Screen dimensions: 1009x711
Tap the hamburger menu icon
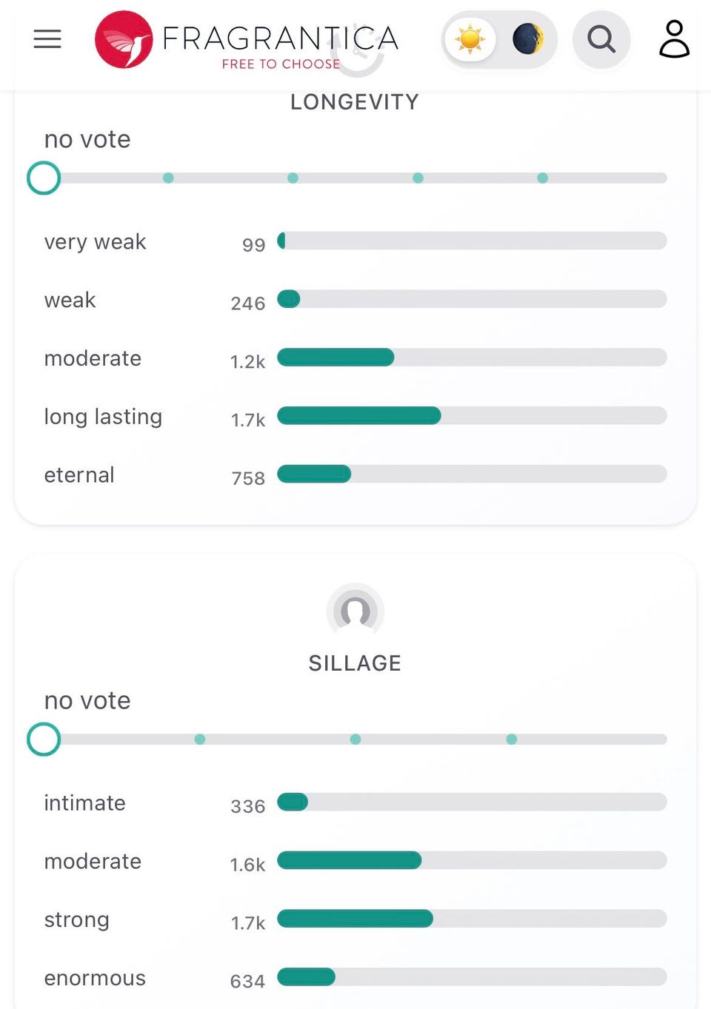point(47,39)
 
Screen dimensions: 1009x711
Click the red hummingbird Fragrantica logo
point(124,39)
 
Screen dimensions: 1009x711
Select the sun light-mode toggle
point(470,39)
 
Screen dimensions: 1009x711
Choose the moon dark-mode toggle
point(527,39)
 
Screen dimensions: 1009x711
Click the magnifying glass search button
point(601,39)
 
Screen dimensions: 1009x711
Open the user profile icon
point(674,39)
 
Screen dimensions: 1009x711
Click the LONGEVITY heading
point(355,102)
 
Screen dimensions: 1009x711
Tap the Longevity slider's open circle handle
point(44,178)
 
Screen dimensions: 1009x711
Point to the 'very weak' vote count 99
point(253,244)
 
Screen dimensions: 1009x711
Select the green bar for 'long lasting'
point(359,415)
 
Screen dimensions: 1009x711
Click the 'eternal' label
point(79,475)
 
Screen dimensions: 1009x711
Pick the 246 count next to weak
point(247,303)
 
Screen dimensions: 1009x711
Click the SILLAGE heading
point(355,663)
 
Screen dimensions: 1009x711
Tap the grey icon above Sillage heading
point(355,611)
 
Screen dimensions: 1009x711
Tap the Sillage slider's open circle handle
point(44,739)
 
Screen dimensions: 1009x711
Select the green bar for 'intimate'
point(293,802)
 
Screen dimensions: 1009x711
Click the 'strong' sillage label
point(77,919)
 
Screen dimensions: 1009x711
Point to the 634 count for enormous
point(247,981)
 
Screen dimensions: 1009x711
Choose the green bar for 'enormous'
point(306,977)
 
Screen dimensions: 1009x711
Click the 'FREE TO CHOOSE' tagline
point(281,64)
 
